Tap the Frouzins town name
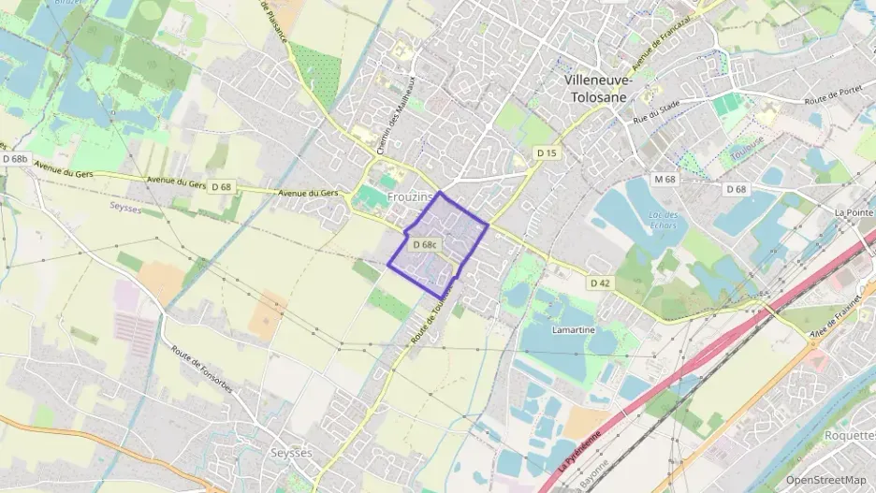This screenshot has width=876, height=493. click(x=410, y=197)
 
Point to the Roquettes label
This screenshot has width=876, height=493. click(x=849, y=435)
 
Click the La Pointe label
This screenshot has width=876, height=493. click(x=854, y=212)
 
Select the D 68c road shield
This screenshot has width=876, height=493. click(x=426, y=244)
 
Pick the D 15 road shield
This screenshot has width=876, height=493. click(x=547, y=152)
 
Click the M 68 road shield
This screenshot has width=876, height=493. click(x=664, y=179)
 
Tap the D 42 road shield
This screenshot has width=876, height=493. click(x=600, y=282)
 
